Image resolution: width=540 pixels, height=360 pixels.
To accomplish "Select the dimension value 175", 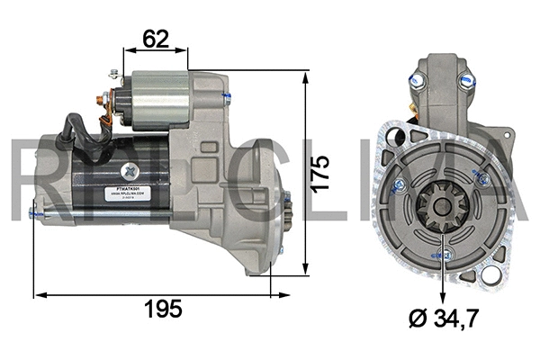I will pos(322,171).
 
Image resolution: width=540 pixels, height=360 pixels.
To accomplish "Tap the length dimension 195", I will pos(162,309).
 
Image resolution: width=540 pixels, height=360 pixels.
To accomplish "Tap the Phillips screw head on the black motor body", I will pos(132,168).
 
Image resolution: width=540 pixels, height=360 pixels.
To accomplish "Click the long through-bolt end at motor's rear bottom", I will pos(34,213).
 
